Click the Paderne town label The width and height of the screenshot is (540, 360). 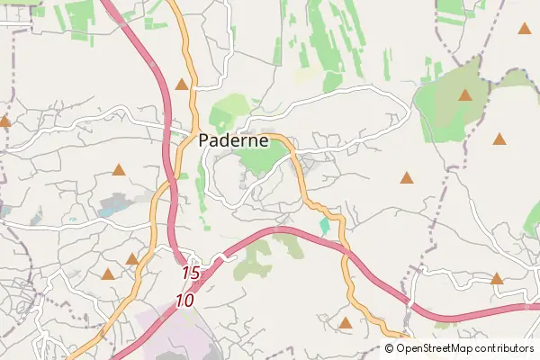click(x=232, y=140)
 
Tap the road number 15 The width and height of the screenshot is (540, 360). click(x=190, y=272)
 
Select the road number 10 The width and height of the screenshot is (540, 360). click(x=185, y=301)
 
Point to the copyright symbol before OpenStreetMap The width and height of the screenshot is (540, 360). click(x=390, y=347)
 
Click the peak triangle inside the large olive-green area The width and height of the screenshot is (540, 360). click(x=465, y=94)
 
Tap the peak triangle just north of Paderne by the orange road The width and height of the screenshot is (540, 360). click(x=183, y=85)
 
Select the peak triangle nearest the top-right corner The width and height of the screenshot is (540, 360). click(x=524, y=28)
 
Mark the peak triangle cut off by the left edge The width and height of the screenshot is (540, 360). click(x=4, y=120)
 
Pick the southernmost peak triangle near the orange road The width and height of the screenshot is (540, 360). click(x=345, y=321)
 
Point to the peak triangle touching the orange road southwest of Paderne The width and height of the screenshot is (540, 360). click(x=132, y=259)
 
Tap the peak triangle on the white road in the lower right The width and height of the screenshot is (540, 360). click(x=497, y=278)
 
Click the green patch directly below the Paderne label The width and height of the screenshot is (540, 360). click(x=262, y=160)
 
